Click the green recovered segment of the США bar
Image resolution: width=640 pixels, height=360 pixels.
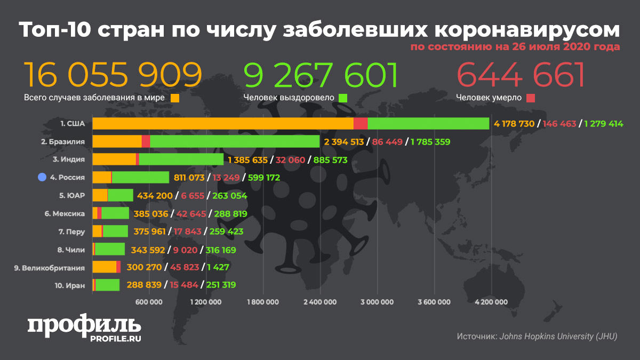(x=428, y=124)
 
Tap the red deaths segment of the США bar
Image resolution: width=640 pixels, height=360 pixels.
(x=361, y=124)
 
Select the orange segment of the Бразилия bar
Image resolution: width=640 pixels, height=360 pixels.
(x=117, y=141)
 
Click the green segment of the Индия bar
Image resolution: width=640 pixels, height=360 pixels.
(x=181, y=159)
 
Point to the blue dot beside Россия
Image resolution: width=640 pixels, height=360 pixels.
(x=42, y=177)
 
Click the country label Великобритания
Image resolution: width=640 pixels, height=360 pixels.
(x=50, y=268)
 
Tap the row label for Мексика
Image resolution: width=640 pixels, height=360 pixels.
(x=65, y=213)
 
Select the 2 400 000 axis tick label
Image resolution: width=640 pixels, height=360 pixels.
(x=320, y=302)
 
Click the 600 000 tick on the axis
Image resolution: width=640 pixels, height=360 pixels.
(x=149, y=302)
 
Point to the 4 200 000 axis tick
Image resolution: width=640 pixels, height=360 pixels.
(x=491, y=302)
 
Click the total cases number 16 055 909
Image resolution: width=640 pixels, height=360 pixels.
(x=113, y=75)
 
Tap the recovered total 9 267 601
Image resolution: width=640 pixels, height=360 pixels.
(x=321, y=75)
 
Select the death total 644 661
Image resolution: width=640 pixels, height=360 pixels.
(x=521, y=75)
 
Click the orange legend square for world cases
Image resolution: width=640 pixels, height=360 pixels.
(x=175, y=98)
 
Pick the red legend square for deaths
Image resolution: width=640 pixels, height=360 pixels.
(x=530, y=98)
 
